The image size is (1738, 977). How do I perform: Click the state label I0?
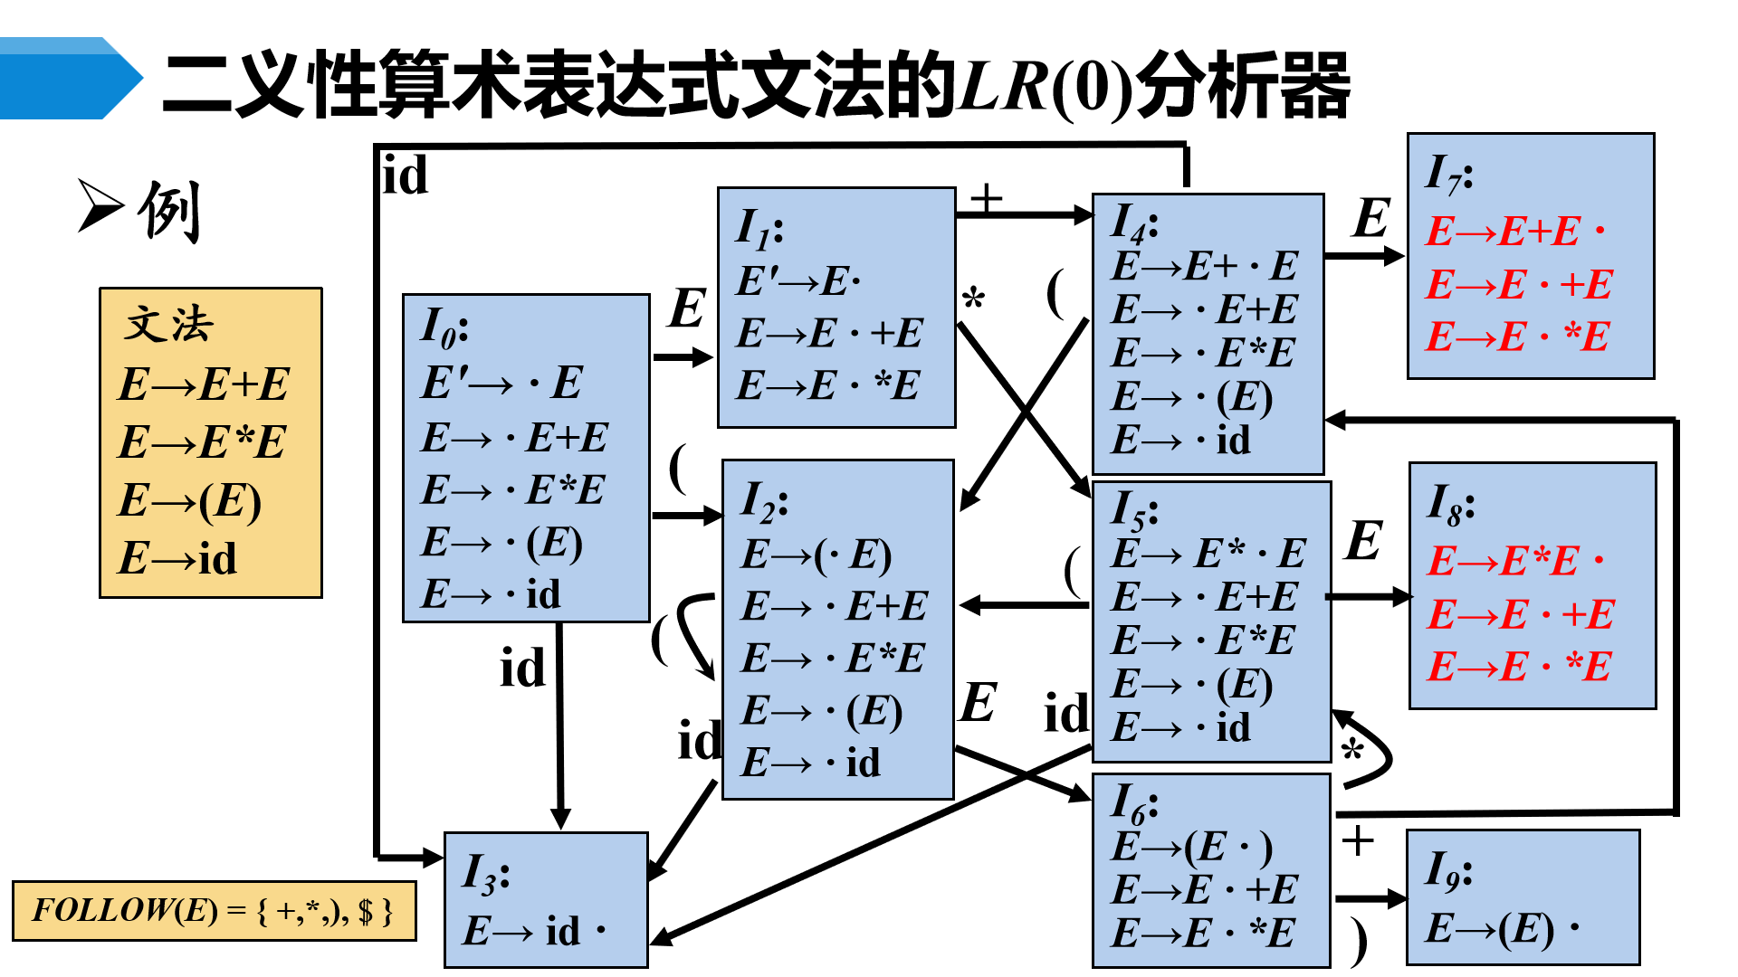tap(444, 327)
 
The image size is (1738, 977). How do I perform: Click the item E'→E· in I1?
tap(797, 281)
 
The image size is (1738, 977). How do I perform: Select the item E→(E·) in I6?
tap(1191, 848)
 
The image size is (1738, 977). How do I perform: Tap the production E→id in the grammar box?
tap(177, 557)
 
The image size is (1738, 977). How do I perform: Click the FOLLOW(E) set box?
tap(214, 910)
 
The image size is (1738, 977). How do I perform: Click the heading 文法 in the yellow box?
tap(169, 324)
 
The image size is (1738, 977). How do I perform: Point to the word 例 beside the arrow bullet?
tap(169, 211)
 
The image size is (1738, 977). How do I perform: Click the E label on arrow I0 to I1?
tap(687, 308)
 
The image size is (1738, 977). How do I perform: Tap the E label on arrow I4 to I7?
tap(1371, 219)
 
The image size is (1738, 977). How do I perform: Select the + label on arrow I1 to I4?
tap(986, 197)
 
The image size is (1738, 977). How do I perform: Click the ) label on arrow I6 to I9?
tap(1357, 942)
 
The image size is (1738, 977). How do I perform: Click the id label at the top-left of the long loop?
tap(405, 175)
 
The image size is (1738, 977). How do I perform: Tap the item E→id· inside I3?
tap(534, 931)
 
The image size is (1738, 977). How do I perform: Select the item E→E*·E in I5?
tap(1208, 554)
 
